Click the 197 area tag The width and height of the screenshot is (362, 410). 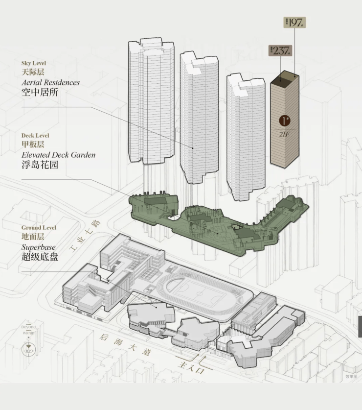click(295, 22)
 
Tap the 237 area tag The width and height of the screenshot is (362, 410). click(280, 50)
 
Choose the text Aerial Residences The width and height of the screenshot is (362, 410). click(50, 82)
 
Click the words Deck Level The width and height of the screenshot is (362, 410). click(35, 135)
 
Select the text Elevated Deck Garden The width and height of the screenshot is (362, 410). click(58, 155)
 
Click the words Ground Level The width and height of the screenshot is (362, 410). click(39, 228)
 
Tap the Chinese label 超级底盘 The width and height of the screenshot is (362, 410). click(40, 257)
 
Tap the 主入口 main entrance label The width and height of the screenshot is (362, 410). click(191, 367)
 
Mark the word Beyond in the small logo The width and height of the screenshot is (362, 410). click(28, 326)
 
